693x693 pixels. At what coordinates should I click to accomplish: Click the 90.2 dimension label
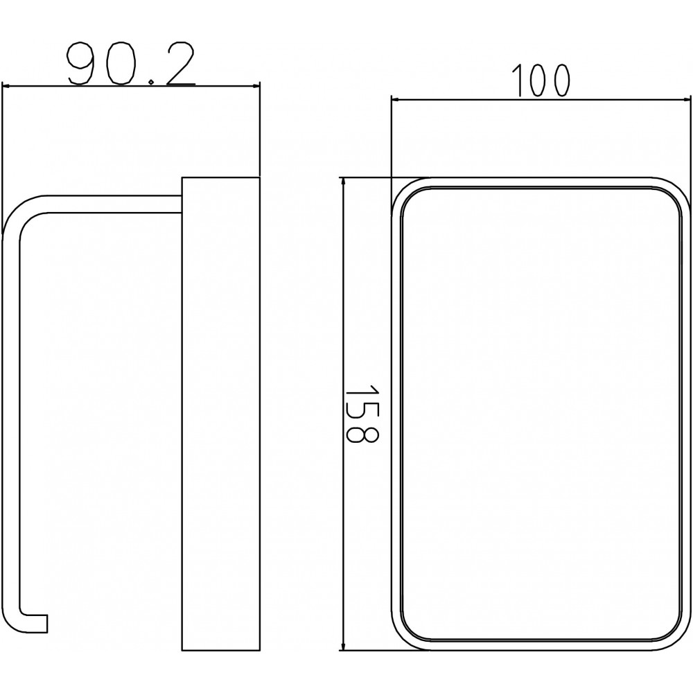[130, 63]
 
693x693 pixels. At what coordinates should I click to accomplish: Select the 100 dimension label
[540, 80]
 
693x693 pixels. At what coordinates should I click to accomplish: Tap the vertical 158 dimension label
[362, 413]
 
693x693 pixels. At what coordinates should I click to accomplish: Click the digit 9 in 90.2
[81, 63]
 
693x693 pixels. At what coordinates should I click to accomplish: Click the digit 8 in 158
[362, 434]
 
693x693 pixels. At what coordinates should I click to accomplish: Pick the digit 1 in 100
[517, 80]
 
